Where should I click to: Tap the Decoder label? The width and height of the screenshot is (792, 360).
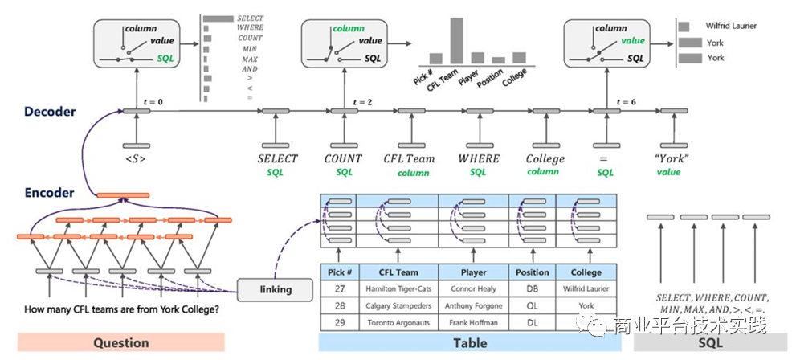[50, 112]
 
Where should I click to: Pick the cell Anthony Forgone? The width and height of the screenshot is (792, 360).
[473, 306]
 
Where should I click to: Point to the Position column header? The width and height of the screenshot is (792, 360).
[532, 272]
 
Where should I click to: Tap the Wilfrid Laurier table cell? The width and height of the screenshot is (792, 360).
[586, 288]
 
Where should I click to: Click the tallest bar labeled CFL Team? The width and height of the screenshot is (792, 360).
[457, 40]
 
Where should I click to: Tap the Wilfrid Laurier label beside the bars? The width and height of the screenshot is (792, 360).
[731, 26]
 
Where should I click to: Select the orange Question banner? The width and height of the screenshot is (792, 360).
[120, 342]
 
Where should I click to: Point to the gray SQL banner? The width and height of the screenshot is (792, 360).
[712, 342]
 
